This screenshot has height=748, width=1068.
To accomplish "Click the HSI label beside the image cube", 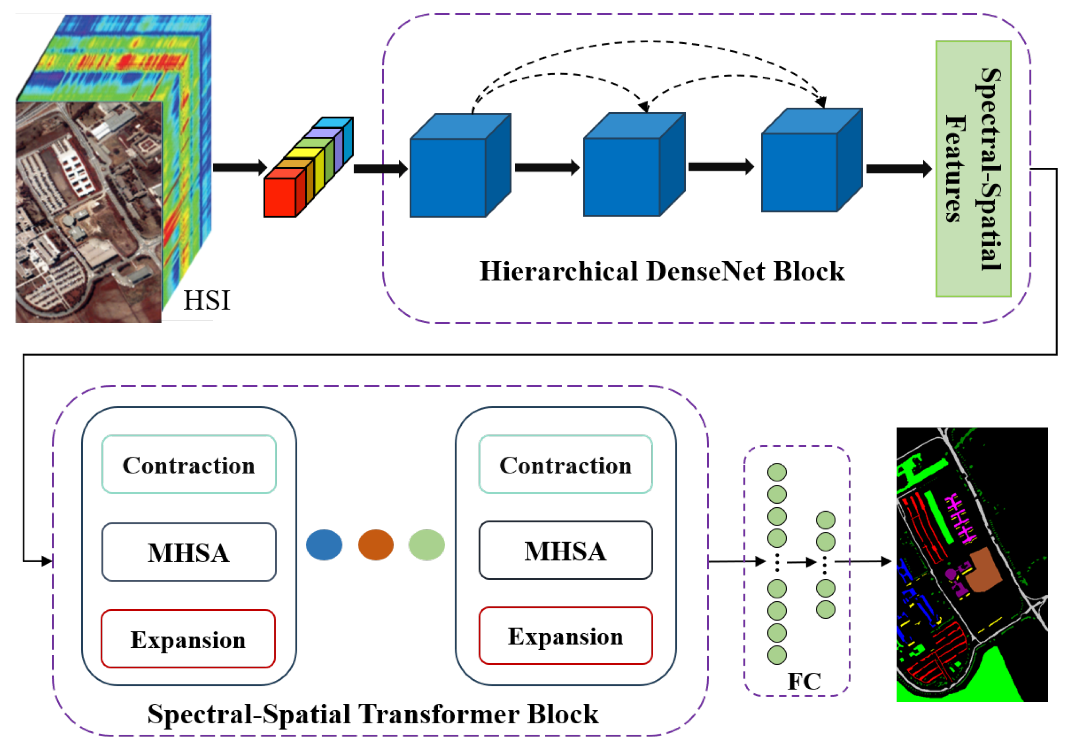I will click(206, 300).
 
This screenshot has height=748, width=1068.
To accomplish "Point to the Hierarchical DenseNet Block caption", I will click(661, 271).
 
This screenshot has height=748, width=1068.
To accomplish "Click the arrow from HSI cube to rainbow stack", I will click(239, 167).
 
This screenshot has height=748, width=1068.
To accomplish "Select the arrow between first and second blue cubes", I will click(547, 167).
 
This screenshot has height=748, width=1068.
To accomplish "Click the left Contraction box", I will click(189, 464).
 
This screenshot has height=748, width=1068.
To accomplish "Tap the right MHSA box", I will click(566, 550).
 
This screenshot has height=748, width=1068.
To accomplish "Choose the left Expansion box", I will click(188, 639).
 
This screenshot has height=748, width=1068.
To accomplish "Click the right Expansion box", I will click(566, 636).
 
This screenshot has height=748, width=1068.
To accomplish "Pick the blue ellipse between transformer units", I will click(324, 545).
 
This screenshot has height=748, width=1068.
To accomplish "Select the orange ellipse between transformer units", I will click(376, 545).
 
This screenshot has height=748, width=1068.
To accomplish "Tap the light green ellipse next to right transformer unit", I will click(426, 545).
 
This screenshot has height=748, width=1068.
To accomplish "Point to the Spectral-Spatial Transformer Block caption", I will click(373, 714).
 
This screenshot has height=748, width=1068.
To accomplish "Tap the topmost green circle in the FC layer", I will click(777, 472).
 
